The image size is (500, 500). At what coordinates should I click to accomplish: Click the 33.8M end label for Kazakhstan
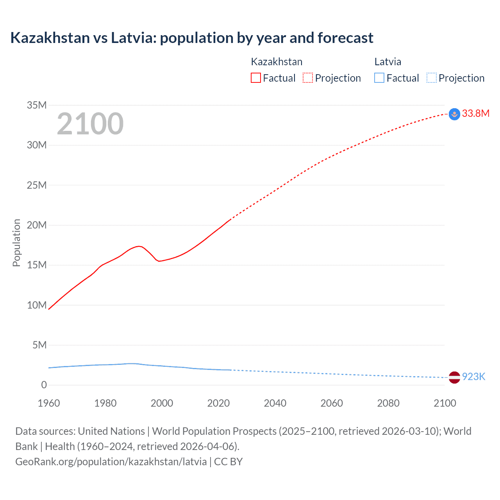475,113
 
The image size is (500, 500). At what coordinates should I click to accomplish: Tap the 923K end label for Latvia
473,377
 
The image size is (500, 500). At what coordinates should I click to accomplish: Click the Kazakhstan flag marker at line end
454,114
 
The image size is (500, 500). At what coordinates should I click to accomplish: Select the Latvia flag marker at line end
454,377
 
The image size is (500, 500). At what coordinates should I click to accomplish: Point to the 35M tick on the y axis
37,105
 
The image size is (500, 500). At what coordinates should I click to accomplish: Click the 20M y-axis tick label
37,225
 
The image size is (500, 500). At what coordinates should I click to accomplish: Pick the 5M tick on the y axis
39,345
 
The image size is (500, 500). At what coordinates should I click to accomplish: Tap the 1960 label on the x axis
49,403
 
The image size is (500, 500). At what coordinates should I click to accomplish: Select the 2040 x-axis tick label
275,403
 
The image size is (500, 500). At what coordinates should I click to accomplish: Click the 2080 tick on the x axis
388,403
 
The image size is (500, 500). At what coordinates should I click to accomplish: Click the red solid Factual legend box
256,78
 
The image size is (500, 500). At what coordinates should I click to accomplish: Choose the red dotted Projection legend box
308,78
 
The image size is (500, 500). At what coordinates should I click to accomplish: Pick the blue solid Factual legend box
379,78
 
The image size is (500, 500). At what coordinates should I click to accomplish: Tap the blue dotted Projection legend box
432,78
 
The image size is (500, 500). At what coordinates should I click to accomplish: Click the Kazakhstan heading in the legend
277,62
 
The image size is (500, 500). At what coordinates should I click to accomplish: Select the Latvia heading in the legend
387,62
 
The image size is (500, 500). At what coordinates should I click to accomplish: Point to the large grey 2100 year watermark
90,124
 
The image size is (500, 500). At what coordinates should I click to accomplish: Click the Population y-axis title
16,243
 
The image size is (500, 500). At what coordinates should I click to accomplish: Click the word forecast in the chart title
345,38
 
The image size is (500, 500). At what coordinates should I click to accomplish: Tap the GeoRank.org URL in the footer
111,461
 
